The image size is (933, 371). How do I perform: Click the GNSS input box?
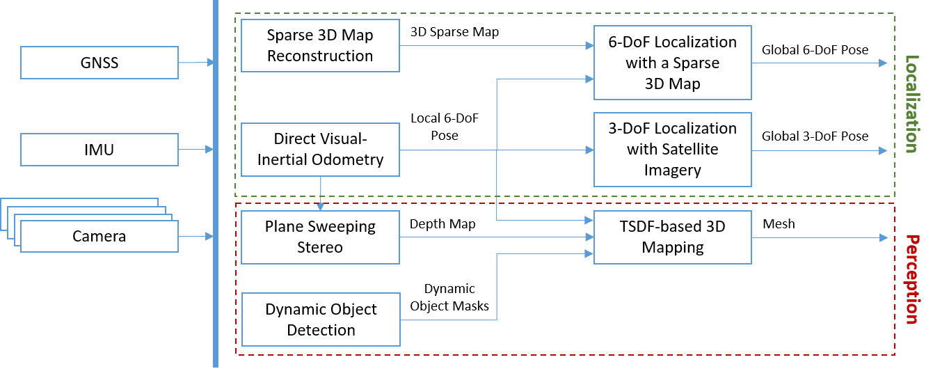coord(99,63)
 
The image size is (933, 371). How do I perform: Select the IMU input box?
coord(99,150)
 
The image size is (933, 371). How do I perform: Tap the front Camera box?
coord(99,237)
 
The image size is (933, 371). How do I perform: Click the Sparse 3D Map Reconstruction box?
coord(320,46)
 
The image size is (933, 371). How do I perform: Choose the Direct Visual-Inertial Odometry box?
coord(320,149)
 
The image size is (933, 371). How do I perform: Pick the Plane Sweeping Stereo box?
coord(320,237)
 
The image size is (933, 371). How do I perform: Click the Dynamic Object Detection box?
coord(321,319)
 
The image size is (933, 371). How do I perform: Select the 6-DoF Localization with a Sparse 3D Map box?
coord(672,63)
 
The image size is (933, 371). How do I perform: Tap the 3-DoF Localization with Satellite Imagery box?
coord(672,149)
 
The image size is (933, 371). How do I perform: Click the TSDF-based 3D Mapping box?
coord(672,237)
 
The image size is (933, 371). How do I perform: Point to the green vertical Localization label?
coord(911,104)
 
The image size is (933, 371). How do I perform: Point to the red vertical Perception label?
coord(911,279)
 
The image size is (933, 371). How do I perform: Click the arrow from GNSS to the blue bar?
coord(196,63)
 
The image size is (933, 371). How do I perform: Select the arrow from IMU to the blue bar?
coord(196,149)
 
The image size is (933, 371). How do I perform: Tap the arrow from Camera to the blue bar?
coord(196,237)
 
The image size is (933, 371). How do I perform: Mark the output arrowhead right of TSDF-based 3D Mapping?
coord(884,237)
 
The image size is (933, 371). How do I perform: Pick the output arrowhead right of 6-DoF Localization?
coord(884,63)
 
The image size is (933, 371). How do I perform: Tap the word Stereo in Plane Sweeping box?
coord(320,247)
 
